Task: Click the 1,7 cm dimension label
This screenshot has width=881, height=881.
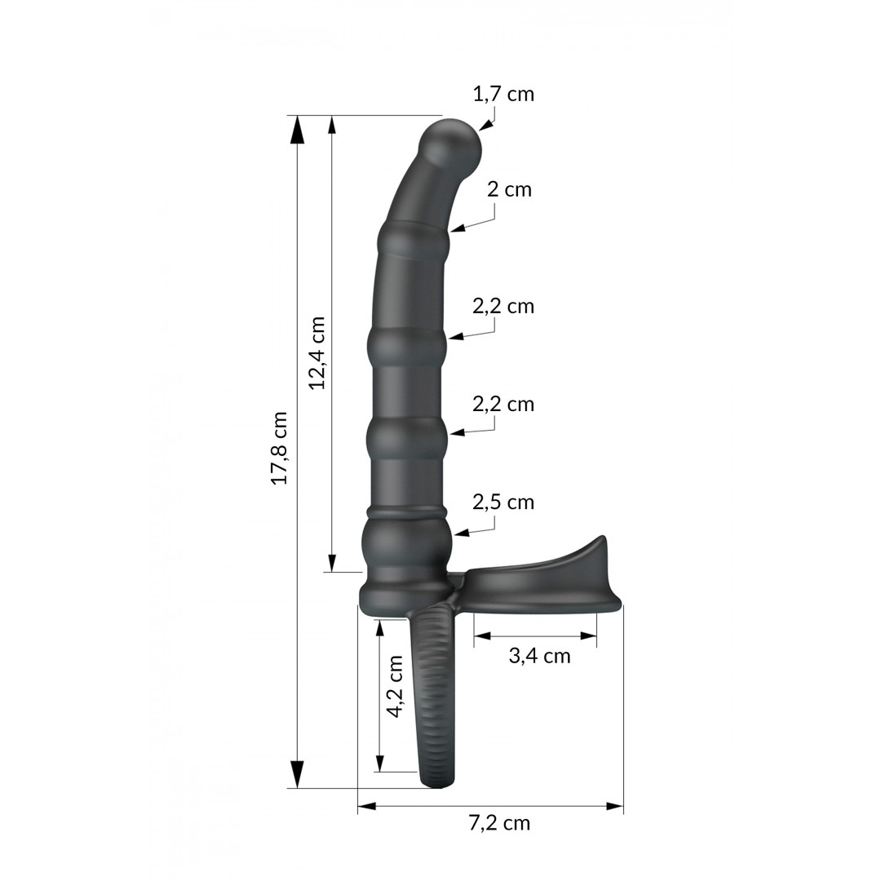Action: (x=503, y=94)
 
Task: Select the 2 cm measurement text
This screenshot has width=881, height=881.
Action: (x=509, y=190)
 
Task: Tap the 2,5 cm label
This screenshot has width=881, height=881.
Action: (x=503, y=502)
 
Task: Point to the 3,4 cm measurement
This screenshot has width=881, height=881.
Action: (x=539, y=655)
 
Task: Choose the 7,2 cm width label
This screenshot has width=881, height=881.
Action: (x=499, y=823)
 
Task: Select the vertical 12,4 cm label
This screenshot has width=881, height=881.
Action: (x=317, y=352)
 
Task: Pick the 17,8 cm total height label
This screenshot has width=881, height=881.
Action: (x=280, y=448)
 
